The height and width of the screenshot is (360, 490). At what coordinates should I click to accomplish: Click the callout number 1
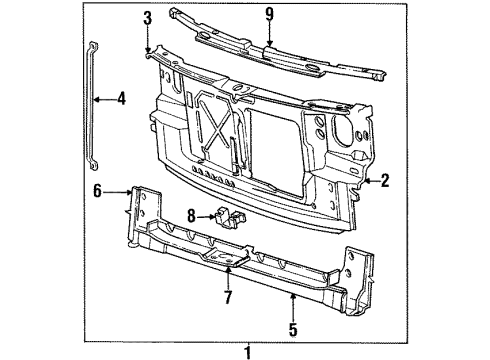[x=248, y=350]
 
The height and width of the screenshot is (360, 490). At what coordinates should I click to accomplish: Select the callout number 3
[x=146, y=17]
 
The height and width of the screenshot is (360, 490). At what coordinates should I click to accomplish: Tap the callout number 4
[x=121, y=98]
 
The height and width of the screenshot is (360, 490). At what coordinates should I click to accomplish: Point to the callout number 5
[x=292, y=325]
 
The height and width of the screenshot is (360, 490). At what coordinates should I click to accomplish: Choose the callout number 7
[x=227, y=297]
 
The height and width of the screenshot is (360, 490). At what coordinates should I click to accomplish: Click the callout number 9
[x=269, y=14]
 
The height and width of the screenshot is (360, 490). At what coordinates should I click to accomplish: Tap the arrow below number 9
[x=269, y=40]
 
